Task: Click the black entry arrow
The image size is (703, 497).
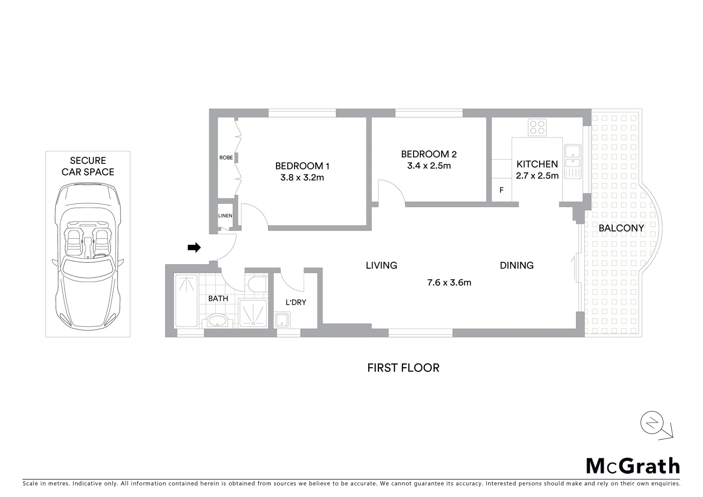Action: pos(194,248)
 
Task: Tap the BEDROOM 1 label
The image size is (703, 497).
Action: pos(302,166)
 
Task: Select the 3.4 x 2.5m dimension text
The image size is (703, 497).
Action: pos(429,166)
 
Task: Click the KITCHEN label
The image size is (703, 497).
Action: pos(537,164)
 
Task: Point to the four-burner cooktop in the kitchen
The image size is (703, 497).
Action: pos(537,127)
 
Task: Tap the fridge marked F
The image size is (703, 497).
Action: pos(501,190)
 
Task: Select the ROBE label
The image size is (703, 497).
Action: pos(226,157)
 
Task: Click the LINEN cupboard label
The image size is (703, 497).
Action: pos(225,215)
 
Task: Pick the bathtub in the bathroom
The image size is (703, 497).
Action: pos(186,301)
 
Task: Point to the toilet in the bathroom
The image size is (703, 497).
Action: pos(257,283)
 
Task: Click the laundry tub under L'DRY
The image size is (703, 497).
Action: pos(282,320)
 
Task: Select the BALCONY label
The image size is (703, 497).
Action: pos(621,228)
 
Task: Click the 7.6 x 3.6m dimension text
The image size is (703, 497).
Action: pos(449,283)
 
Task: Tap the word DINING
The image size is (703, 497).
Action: pos(517,265)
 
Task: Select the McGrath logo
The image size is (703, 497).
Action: pos(633,466)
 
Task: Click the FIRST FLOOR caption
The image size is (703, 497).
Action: pos(403,368)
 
